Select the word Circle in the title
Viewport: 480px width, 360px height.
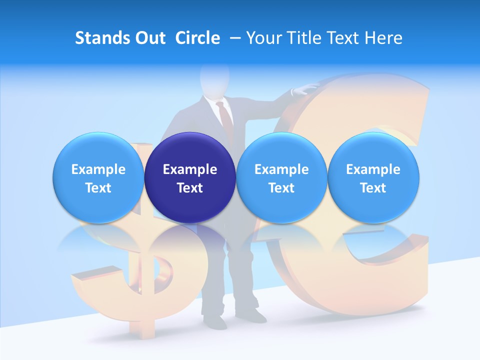click(x=197, y=38)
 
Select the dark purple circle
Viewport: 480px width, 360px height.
click(x=190, y=177)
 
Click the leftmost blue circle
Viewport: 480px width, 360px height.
click(x=98, y=177)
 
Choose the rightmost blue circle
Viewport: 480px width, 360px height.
click(x=373, y=177)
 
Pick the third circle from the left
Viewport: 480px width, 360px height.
click(x=281, y=177)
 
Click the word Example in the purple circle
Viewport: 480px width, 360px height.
click(x=190, y=169)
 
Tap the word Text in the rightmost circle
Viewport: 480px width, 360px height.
click(x=373, y=188)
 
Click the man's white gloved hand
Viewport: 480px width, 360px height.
click(x=305, y=88)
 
